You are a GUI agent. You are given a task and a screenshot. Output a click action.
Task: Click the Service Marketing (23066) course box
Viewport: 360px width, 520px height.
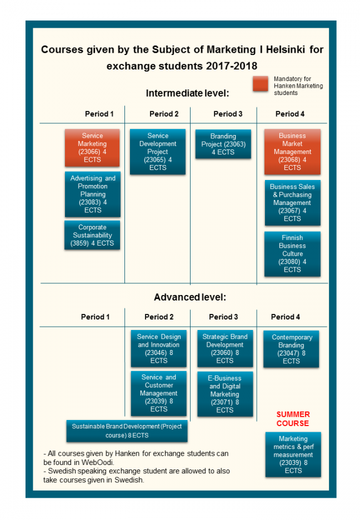pos(92,148)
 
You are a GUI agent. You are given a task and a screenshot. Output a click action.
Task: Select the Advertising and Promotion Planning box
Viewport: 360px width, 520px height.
pos(92,194)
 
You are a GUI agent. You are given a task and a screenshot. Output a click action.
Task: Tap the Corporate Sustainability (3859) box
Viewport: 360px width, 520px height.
pos(92,235)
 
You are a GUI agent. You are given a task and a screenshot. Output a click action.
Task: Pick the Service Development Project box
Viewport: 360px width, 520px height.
pos(158,152)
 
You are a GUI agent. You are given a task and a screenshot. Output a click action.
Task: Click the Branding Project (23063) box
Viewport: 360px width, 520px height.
pos(223,144)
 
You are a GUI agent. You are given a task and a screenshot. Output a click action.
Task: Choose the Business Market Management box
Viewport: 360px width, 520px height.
pos(292,152)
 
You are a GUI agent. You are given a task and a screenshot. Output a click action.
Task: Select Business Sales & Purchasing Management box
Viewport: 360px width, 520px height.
pos(292,203)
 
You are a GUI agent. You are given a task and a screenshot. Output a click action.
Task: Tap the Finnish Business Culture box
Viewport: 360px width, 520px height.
pos(292,253)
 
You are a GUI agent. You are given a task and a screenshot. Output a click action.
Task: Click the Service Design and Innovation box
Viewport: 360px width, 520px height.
pos(159,349)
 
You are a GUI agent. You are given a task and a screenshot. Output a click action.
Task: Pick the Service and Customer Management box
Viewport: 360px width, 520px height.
pos(159,393)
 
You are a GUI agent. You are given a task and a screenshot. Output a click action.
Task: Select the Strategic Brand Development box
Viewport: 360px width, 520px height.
pos(224,349)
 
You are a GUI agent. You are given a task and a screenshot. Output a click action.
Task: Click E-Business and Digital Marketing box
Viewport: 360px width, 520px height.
pos(224,394)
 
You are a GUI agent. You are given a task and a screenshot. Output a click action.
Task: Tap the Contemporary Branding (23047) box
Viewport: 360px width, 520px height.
pos(291,349)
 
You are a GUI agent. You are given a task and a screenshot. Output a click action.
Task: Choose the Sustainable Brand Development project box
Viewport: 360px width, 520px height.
pos(126,431)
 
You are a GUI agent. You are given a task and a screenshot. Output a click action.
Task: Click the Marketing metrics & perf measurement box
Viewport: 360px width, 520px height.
pos(293,454)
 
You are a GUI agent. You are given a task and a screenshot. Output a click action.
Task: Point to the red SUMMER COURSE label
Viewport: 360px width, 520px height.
pos(293,419)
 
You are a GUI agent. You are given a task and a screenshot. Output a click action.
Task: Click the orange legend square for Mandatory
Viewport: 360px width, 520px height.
pos(260,84)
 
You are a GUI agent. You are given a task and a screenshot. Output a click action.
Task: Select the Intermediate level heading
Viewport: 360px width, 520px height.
pos(187,93)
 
